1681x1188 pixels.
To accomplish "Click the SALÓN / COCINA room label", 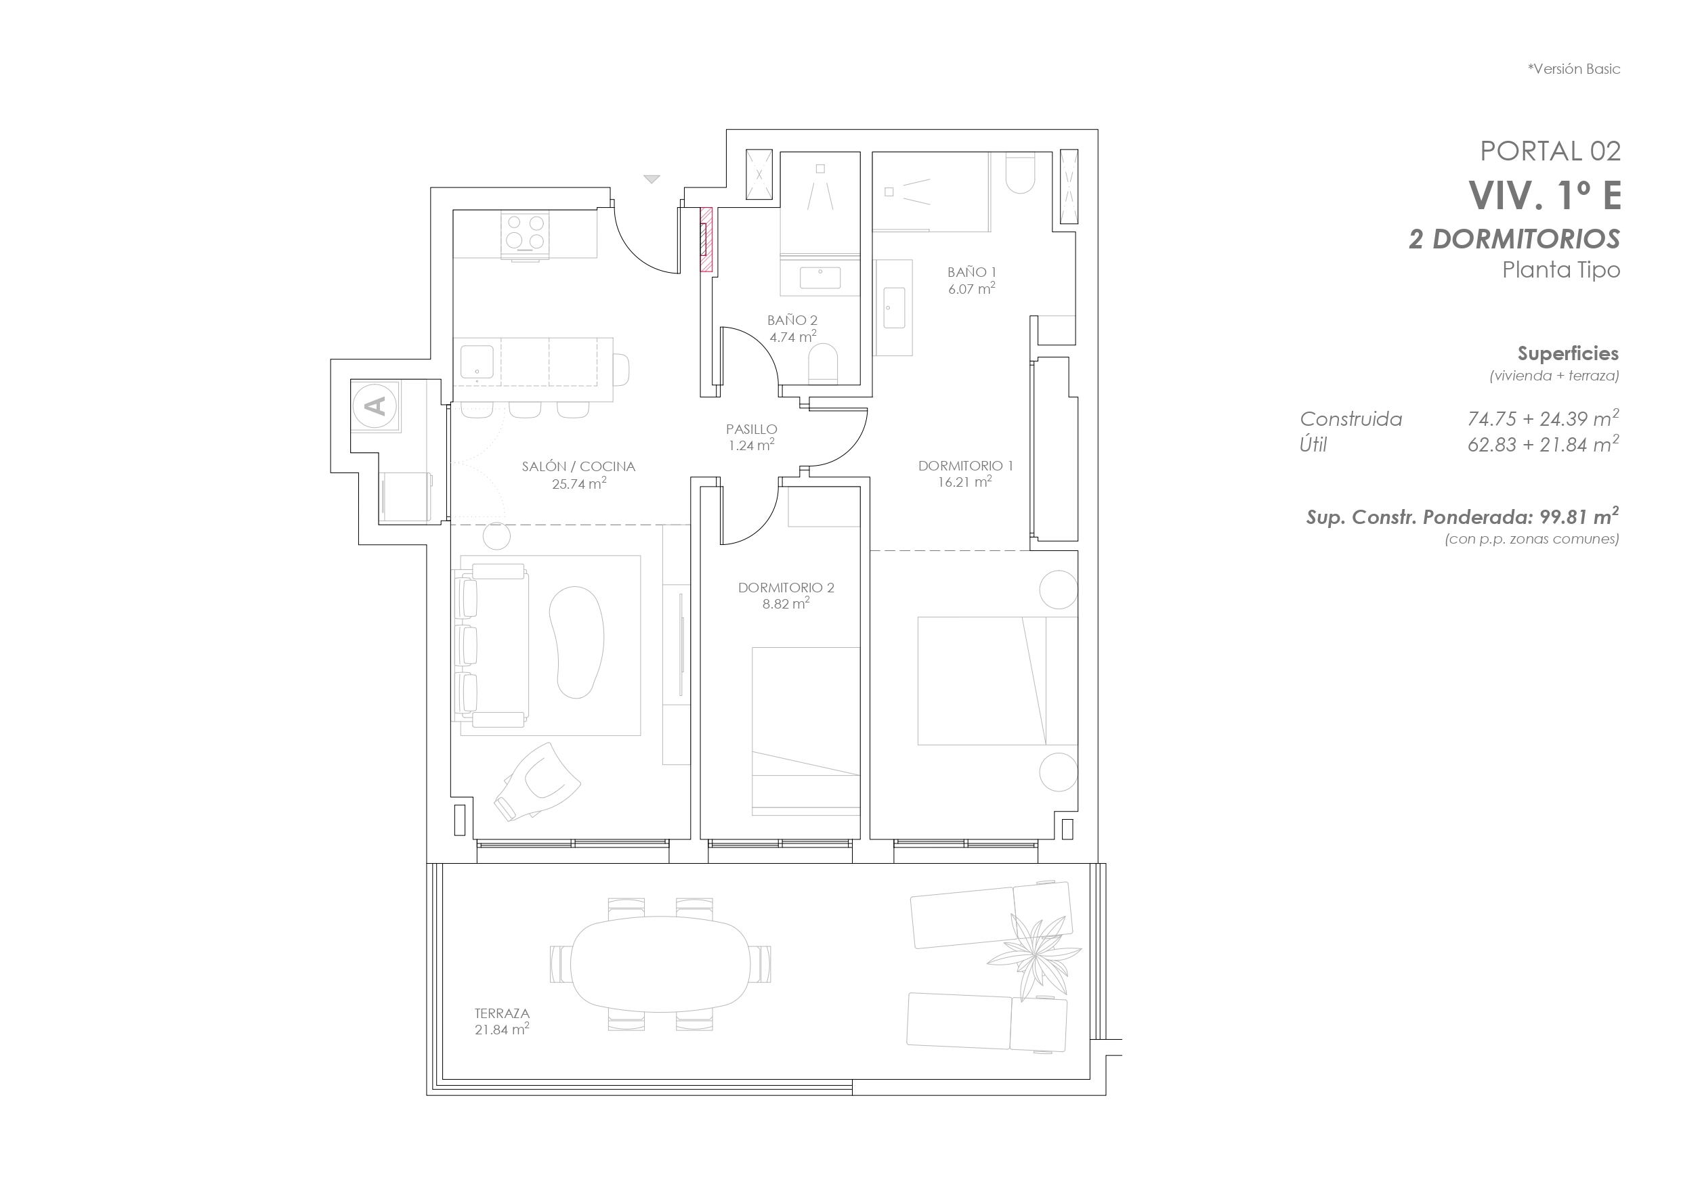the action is pos(578,466).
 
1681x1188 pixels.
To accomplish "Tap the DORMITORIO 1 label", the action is pos(965,466).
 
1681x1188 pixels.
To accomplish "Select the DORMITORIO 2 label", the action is pos(786,587).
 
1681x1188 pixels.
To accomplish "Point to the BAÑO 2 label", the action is pos(792,320).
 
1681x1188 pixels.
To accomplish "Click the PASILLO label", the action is pos(751,429).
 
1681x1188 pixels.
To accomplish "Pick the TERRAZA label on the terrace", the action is pos(501,1013).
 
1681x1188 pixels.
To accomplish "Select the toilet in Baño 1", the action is pos(1020,172).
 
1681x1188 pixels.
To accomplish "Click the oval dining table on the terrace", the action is pos(660,964).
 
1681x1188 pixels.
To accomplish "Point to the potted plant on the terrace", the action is pos(1034,955).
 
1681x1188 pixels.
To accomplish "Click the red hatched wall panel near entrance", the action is pos(706,240).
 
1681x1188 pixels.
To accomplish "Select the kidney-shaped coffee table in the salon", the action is pos(576,642).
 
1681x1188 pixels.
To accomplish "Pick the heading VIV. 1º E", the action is pos(1545,195).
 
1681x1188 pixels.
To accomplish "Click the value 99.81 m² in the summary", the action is pos(1579,516).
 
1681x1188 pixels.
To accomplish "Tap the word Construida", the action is pos(1350,419).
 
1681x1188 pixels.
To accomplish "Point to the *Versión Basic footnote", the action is pos(1573,69).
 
